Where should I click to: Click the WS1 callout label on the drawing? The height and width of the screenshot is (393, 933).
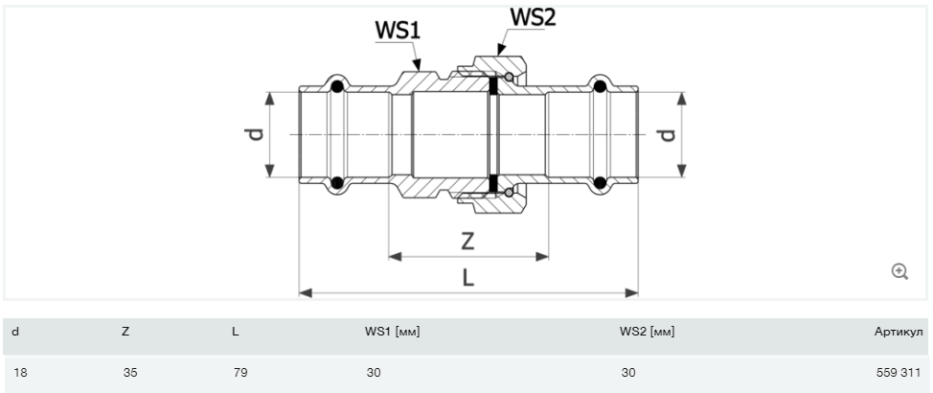397,31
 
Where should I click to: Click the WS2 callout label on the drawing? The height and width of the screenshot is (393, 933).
533,17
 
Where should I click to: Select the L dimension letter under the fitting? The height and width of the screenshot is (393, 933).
467,277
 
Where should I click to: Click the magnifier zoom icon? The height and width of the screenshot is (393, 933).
899,272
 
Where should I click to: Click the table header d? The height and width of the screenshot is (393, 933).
15,332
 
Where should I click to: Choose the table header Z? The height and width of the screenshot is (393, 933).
125,332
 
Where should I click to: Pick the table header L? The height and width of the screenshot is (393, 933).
236,332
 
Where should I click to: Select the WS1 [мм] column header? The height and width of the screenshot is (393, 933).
392,332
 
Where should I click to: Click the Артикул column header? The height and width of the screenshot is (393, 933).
899,332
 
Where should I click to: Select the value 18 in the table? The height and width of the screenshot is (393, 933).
18,372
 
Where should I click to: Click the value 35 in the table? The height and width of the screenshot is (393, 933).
130,372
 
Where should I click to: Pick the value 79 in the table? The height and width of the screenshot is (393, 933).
240,372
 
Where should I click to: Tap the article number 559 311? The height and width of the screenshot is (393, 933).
899,372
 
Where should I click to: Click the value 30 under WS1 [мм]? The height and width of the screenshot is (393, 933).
373,372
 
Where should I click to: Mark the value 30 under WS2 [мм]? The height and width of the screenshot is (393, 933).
627,372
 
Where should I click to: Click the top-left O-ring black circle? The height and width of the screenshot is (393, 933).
336,87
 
